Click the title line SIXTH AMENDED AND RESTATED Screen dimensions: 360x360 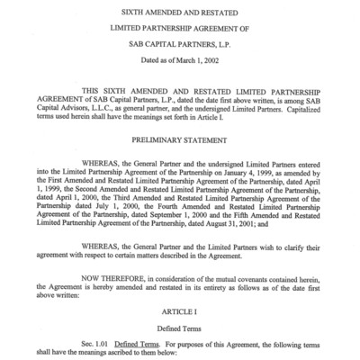pos(181,12)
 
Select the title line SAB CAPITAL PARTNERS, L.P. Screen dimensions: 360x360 pos(181,42)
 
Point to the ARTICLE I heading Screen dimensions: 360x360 pos(180,310)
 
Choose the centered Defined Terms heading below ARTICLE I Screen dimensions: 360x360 pos(180,325)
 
